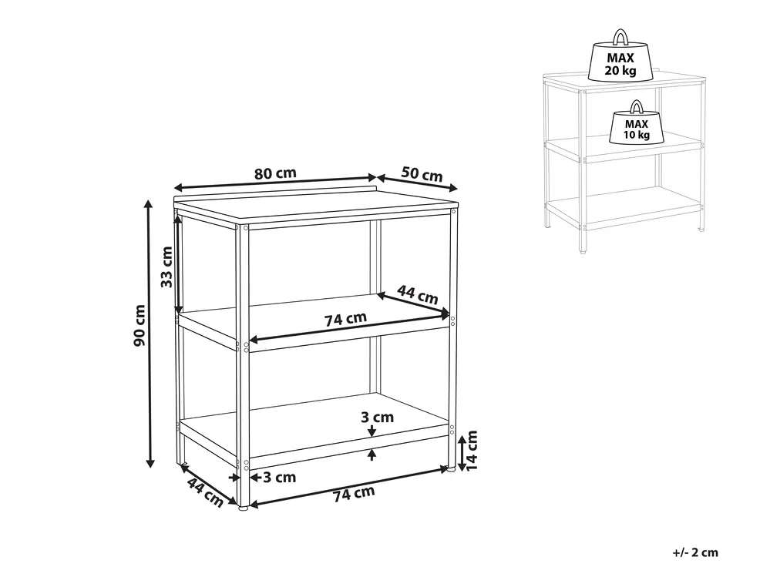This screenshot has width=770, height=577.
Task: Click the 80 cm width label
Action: tap(275, 173)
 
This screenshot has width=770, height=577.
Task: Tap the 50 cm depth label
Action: tap(422, 174)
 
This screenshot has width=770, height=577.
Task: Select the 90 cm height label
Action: tap(140, 325)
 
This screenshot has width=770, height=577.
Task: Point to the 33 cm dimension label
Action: tap(167, 267)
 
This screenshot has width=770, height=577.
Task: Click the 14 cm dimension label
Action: tap(471, 451)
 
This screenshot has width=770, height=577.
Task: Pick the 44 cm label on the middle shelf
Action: tap(418, 294)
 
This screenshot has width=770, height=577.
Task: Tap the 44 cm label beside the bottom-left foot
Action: tap(205, 493)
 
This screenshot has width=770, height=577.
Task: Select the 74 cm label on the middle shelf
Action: tap(345, 320)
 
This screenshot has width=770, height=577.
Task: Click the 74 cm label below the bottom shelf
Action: tap(354, 494)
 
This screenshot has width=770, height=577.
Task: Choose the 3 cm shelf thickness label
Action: tap(377, 417)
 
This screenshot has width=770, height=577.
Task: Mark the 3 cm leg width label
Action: tap(280, 477)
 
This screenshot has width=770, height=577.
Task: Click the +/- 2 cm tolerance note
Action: tap(695, 552)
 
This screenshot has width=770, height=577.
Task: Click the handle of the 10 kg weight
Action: tap(637, 107)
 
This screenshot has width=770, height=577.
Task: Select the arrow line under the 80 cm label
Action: tap(275, 183)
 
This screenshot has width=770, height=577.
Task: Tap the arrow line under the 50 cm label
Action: tap(417, 183)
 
